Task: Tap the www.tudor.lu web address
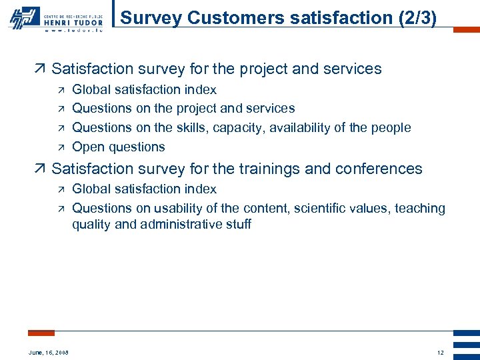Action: tap(73, 30)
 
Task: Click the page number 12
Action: tap(440, 352)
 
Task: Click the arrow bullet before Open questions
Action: tap(60, 147)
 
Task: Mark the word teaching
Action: tap(420, 208)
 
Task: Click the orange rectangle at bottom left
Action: tap(41, 333)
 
